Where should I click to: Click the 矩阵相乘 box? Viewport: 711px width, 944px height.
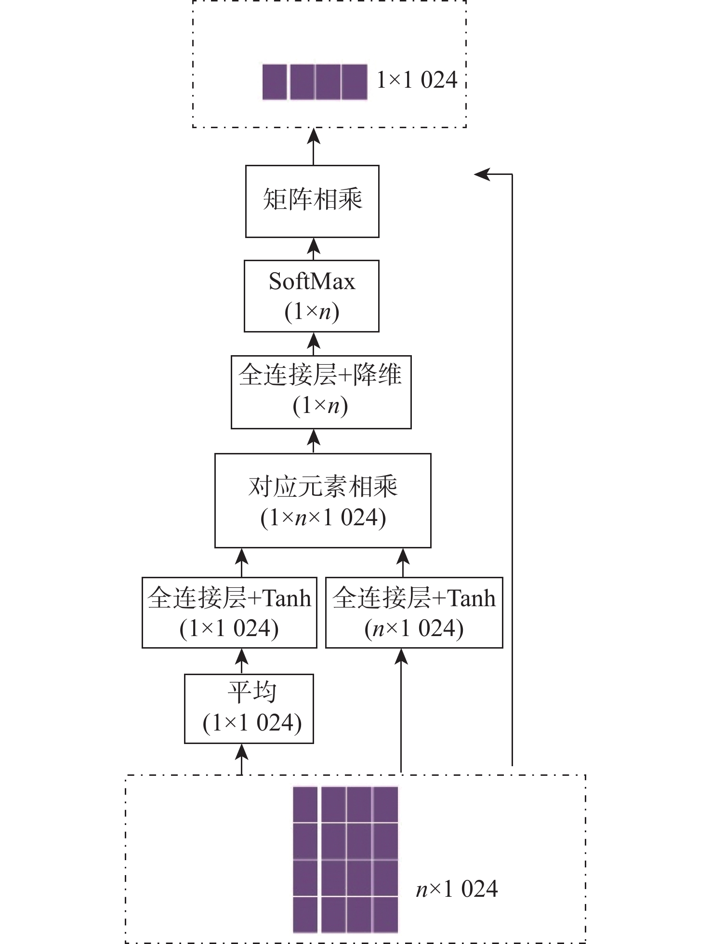click(312, 201)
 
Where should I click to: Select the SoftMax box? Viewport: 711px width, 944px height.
click(312, 296)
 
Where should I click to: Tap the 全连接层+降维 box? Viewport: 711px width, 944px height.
click(321, 392)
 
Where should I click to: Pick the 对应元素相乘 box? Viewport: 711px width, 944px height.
click(322, 500)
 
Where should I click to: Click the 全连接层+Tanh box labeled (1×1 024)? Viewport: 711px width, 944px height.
click(229, 612)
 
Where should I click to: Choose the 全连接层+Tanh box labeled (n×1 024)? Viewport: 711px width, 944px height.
click(414, 612)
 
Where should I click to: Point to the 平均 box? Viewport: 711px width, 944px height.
click(249, 708)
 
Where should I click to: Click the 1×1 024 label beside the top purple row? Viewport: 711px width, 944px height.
click(417, 80)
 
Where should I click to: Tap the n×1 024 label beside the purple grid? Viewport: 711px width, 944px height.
click(457, 889)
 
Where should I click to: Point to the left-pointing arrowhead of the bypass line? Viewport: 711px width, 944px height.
click(482, 174)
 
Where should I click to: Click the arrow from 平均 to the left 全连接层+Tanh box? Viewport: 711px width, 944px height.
click(241, 661)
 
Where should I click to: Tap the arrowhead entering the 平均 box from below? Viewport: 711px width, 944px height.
click(241, 753)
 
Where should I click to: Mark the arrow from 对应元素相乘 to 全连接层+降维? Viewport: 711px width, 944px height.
click(314, 440)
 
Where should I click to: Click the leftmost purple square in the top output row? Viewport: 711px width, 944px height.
click(275, 82)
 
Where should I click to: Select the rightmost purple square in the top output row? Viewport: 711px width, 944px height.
click(354, 82)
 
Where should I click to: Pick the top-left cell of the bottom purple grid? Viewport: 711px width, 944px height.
click(305, 804)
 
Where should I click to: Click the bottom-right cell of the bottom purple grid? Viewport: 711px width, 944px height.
click(385, 914)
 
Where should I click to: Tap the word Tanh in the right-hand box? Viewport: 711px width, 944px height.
click(472, 598)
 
